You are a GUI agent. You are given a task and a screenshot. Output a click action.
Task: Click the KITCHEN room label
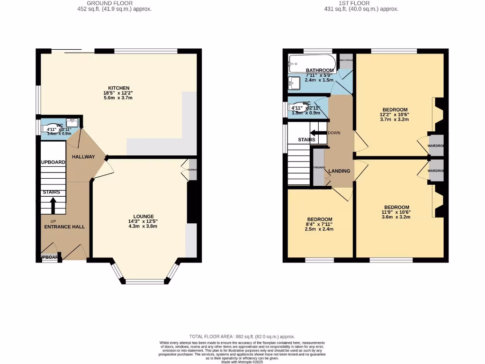118,88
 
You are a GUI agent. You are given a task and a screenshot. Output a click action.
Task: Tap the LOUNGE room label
143,216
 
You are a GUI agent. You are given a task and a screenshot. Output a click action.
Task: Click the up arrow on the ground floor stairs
53,205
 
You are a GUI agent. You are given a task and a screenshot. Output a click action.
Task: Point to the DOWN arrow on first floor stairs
318,133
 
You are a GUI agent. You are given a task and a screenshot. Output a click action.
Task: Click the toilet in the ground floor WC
54,128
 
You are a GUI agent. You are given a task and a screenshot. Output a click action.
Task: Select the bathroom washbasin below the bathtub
294,83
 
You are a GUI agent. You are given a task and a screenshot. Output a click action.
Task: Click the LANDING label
340,171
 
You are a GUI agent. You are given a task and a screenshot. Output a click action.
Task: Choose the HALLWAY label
83,157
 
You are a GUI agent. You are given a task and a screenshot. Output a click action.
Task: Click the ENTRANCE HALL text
64,227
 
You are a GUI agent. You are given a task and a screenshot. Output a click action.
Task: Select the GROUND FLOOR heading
115,3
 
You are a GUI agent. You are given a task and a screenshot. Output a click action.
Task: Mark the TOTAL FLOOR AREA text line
242,336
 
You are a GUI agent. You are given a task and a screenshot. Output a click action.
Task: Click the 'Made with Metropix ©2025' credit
242,362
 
